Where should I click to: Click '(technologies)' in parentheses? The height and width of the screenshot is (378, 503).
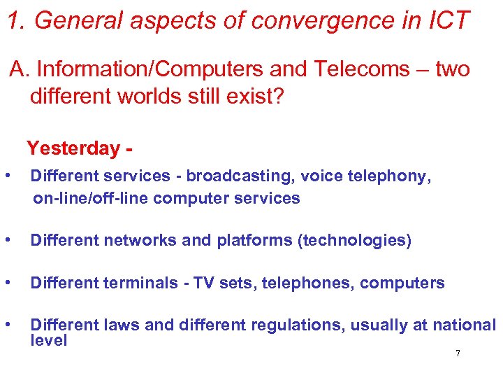[x=354, y=241]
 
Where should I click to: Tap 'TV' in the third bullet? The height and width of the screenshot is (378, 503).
[x=203, y=283]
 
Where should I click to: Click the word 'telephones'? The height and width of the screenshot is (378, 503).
[x=312, y=283]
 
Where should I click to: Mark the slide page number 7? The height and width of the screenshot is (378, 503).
[x=458, y=353]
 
